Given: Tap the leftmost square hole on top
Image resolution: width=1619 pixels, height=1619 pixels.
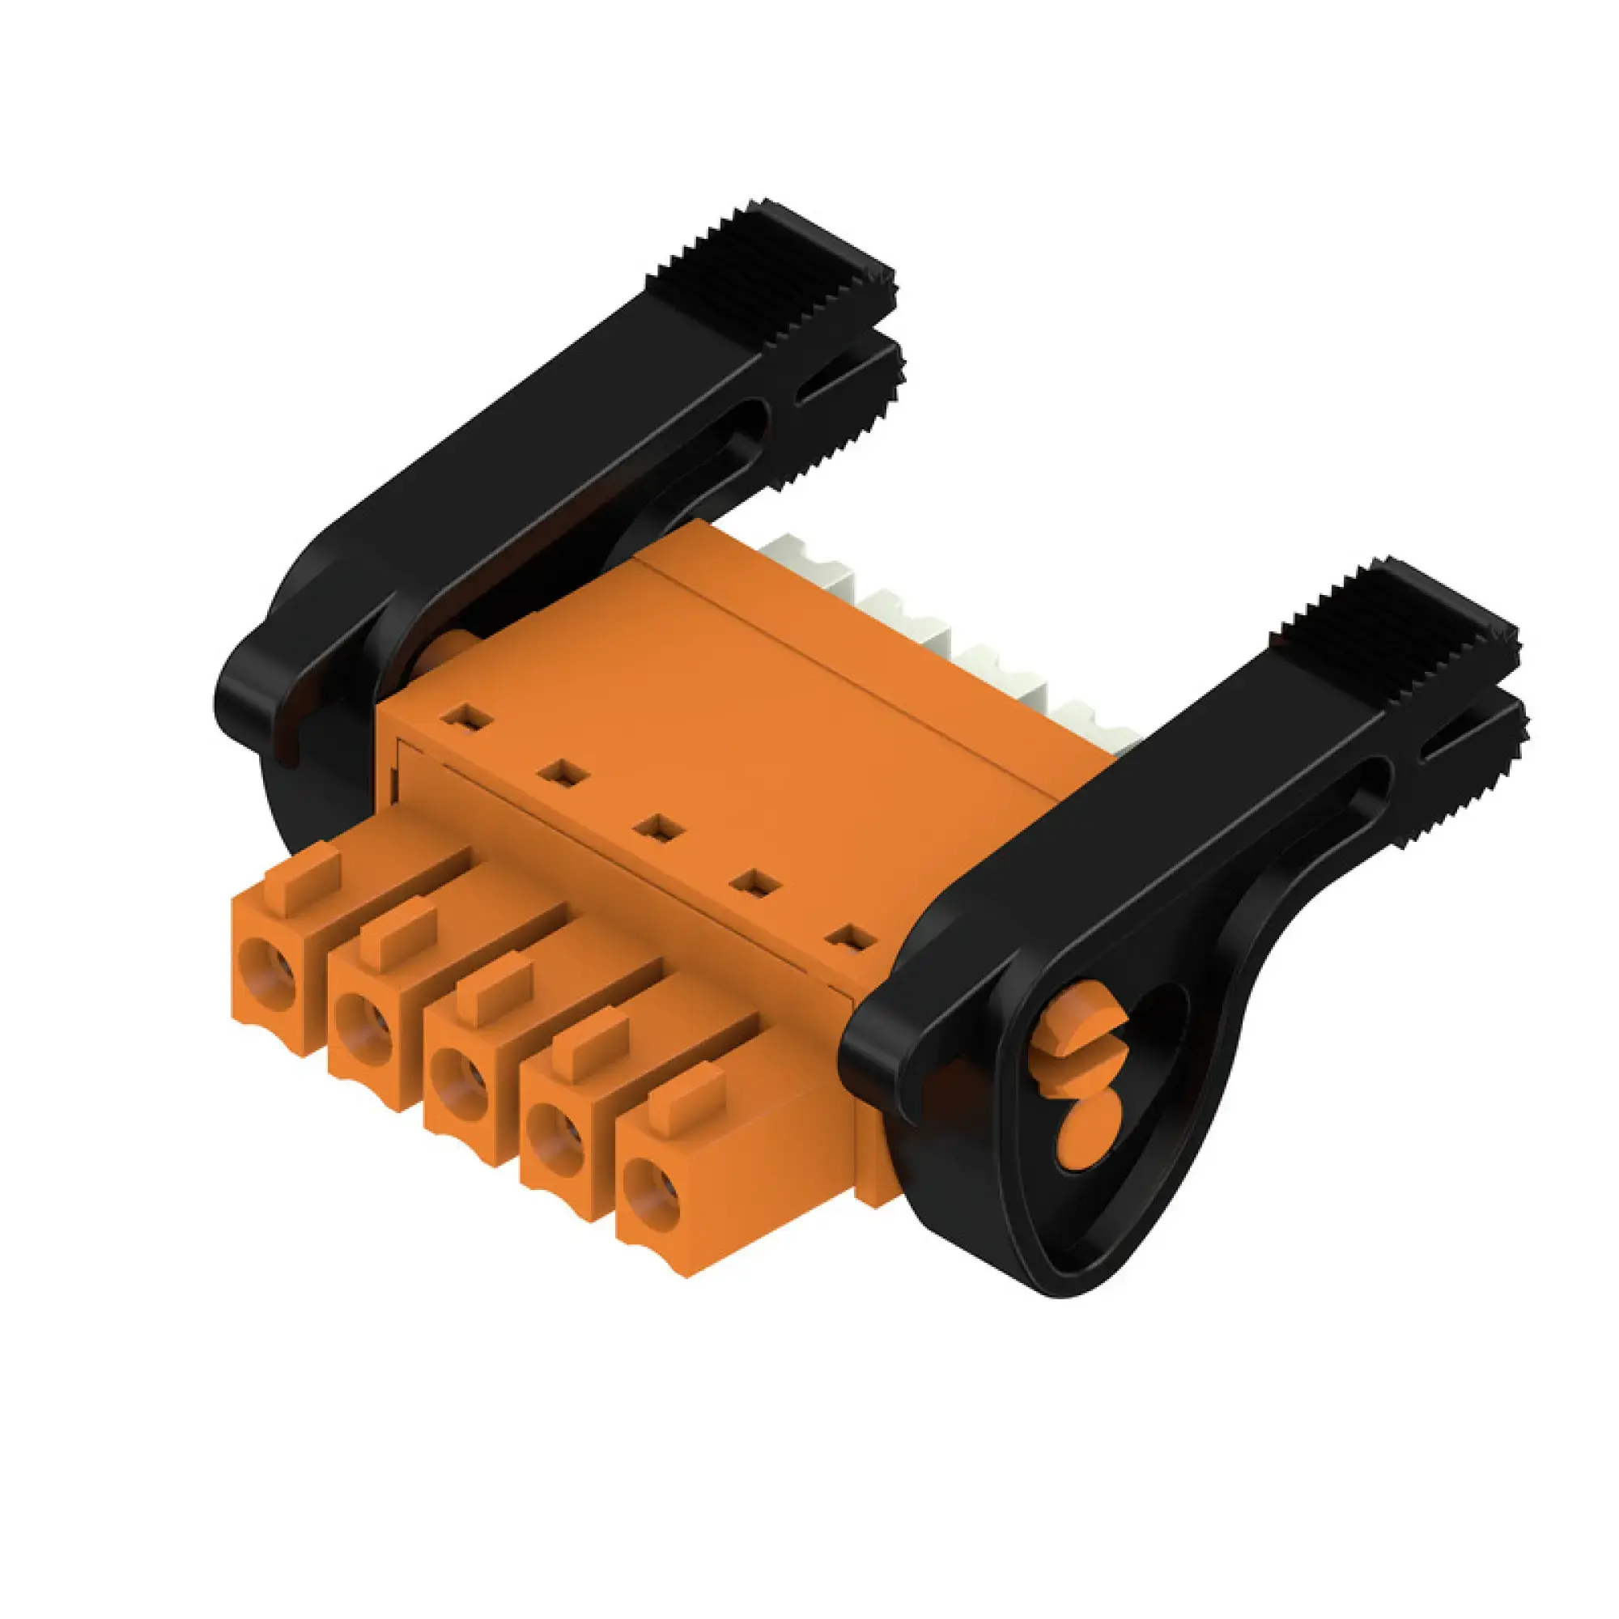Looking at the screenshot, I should [466, 717].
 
